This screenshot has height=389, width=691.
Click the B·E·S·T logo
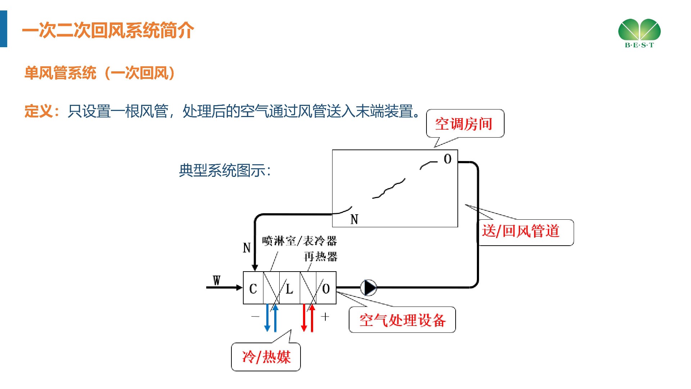[640, 33]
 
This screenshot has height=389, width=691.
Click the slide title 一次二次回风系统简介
[108, 30]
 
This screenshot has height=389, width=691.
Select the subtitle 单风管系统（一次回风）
[100, 73]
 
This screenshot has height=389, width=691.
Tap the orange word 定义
[39, 111]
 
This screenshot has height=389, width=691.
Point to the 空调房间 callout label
[464, 124]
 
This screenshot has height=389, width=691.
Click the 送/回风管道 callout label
[521, 231]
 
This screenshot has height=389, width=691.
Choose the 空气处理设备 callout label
[402, 320]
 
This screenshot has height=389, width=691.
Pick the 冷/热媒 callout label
[266, 357]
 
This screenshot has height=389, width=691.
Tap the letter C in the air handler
[253, 289]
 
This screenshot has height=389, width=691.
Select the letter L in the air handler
[289, 289]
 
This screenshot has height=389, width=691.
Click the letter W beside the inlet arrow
[216, 280]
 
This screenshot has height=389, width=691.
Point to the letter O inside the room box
[447, 159]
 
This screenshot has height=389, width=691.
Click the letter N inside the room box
[354, 219]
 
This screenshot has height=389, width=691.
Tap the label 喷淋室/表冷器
[299, 241]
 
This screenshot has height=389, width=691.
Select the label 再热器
[321, 256]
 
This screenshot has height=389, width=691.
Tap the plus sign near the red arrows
[325, 317]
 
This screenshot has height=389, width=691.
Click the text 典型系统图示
[225, 170]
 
